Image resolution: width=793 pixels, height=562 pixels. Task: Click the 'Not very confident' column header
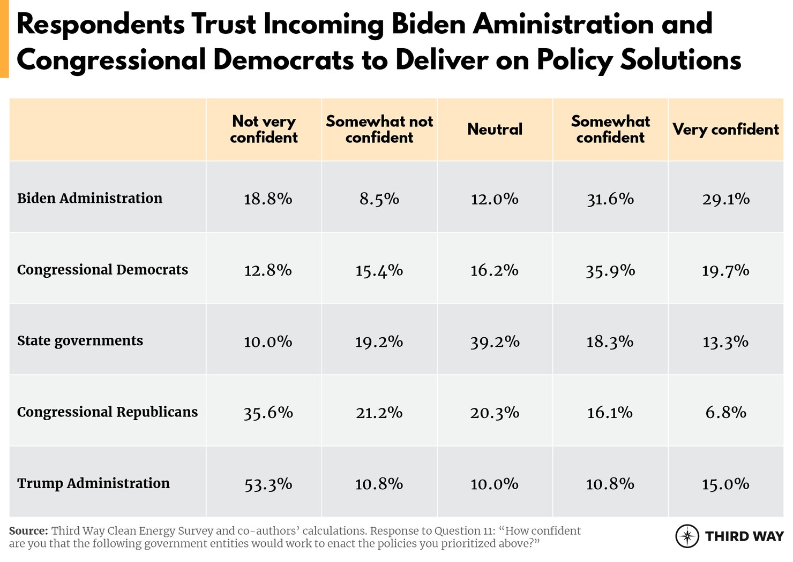tap(264, 130)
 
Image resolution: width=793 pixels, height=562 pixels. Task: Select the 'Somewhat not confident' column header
tap(379, 130)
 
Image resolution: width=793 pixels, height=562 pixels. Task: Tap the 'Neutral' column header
tap(495, 130)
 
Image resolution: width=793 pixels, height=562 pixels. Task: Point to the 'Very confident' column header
tap(725, 130)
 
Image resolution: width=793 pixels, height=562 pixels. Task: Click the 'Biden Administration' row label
tap(89, 199)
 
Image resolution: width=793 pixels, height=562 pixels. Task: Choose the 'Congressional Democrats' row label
tap(102, 270)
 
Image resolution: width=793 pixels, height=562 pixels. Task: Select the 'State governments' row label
tap(80, 341)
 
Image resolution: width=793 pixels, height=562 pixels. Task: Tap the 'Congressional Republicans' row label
tap(107, 412)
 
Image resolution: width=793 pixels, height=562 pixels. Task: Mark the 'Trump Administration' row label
tap(93, 483)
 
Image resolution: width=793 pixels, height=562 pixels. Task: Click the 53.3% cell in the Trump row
tap(268, 484)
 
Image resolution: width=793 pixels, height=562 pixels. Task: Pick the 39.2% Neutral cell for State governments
tap(495, 342)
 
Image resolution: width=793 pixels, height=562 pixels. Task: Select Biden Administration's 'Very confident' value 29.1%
tap(725, 199)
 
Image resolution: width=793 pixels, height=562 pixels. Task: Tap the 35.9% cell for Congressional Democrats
tap(610, 271)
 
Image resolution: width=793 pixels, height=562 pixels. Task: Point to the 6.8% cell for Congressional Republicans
tap(725, 413)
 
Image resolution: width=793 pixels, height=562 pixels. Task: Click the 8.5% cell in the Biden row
tap(379, 199)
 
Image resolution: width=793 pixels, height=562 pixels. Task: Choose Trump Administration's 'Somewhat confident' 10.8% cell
tap(610, 484)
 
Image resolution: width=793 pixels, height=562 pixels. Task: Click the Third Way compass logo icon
tap(687, 536)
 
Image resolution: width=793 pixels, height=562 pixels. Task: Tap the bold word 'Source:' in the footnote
tap(28, 531)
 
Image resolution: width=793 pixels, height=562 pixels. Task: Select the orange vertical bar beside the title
tap(4, 39)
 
